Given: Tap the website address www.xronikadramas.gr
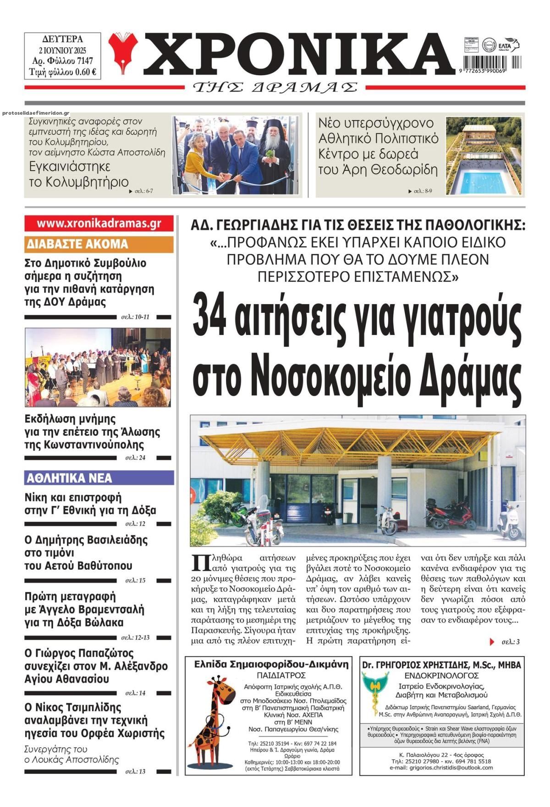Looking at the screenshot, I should click(99, 223).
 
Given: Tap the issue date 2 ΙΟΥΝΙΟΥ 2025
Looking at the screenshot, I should click(62, 50).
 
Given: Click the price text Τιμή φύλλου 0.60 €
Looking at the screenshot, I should click(62, 71).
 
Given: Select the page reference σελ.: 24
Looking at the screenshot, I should click(135, 457).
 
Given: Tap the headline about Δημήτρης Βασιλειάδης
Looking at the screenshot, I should click(86, 552).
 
